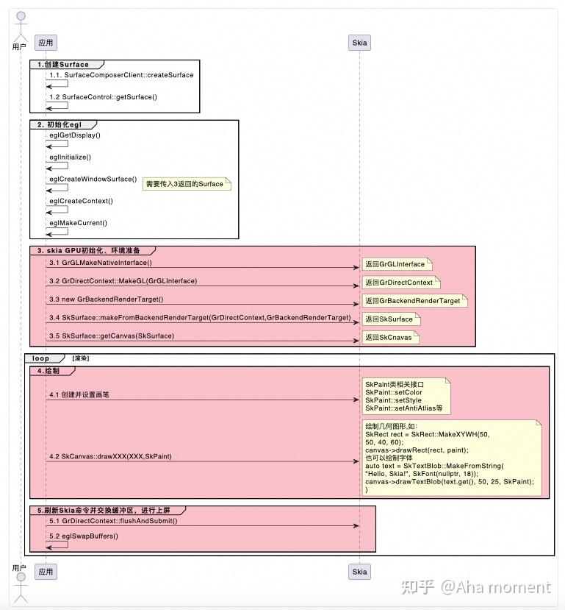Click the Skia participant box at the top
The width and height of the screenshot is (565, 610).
tap(359, 43)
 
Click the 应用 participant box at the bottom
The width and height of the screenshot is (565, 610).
tap(46, 571)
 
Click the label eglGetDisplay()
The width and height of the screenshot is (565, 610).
tap(75, 135)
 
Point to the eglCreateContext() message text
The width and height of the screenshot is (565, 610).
tap(81, 201)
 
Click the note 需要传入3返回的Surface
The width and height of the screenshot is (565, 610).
tap(186, 184)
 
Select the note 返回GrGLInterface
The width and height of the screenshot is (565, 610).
tap(395, 264)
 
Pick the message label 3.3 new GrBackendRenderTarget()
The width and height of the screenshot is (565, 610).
tap(107, 299)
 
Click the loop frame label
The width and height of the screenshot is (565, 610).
tap(41, 358)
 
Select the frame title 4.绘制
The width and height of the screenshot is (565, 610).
tap(48, 372)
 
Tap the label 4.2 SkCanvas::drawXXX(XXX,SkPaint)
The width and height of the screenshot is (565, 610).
tap(110, 457)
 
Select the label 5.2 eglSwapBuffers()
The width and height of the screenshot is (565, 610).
tap(84, 536)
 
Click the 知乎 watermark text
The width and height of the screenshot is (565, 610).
tap(417, 586)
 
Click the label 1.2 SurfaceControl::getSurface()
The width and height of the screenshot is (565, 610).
tap(103, 97)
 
